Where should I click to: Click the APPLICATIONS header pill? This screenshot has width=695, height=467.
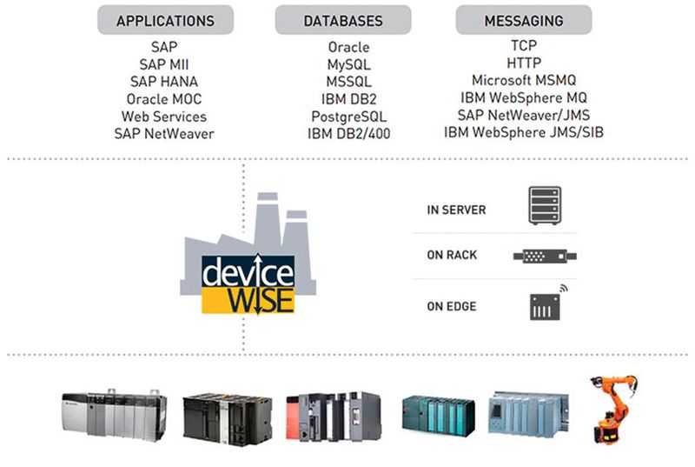164,19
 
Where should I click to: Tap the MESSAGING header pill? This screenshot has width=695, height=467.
523,19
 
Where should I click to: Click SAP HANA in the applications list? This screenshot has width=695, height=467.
164,81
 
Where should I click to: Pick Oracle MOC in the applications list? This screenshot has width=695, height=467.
164,98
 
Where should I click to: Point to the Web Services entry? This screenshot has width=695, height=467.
164,116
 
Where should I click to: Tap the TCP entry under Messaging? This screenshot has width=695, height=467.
523,45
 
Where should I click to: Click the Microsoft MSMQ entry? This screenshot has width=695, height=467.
523,80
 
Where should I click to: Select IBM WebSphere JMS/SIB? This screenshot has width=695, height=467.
523,132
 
